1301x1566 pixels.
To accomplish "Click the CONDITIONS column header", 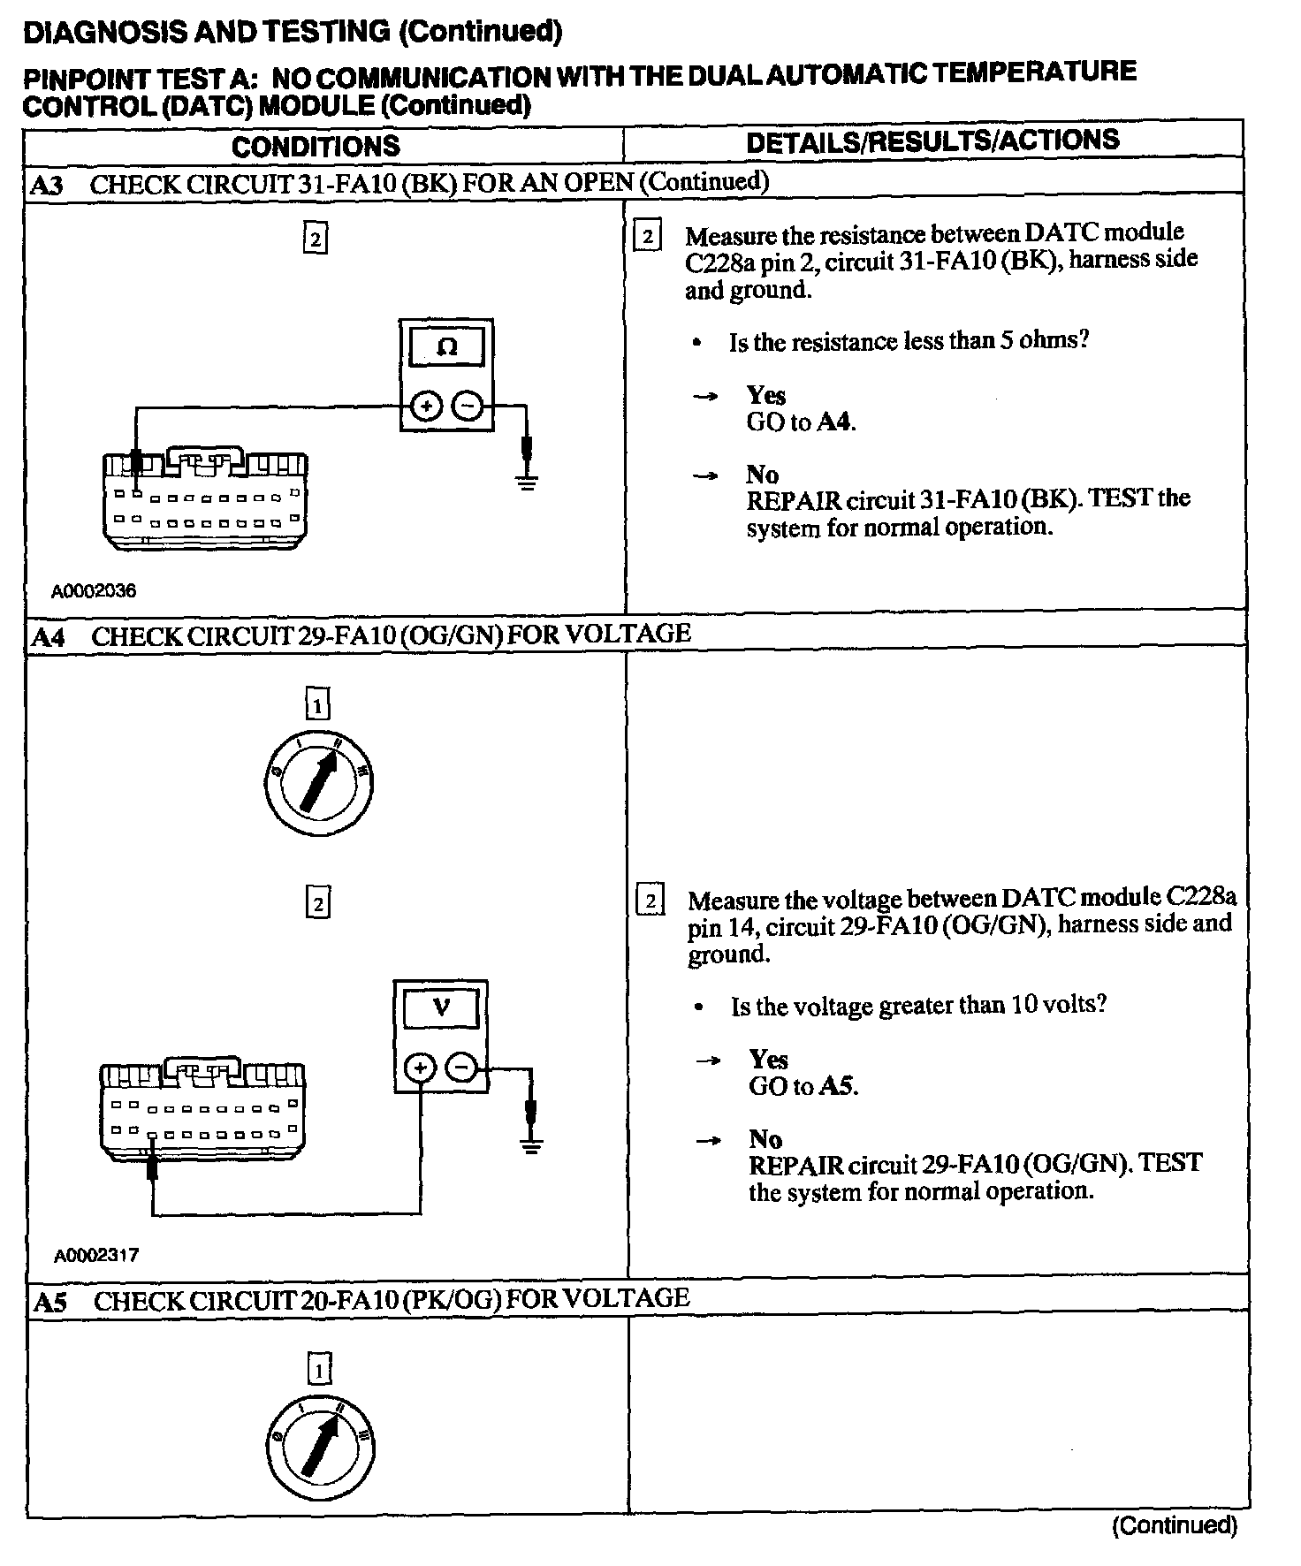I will (x=316, y=147).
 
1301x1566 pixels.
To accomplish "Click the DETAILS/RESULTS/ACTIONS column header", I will (x=932, y=141).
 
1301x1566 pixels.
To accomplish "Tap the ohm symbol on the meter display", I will (x=447, y=347).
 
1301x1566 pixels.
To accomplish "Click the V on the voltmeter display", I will (x=441, y=1007).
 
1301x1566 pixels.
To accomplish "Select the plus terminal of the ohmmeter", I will (x=427, y=407).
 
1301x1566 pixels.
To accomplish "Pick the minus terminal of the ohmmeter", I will (x=468, y=407).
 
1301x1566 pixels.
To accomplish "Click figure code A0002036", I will (x=94, y=591).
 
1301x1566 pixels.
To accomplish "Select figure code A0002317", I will (x=95, y=1255).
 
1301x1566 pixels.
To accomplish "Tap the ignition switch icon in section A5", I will (x=318, y=1445).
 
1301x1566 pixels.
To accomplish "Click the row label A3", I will (x=47, y=186).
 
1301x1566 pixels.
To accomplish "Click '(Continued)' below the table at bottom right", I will (x=1175, y=1524).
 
